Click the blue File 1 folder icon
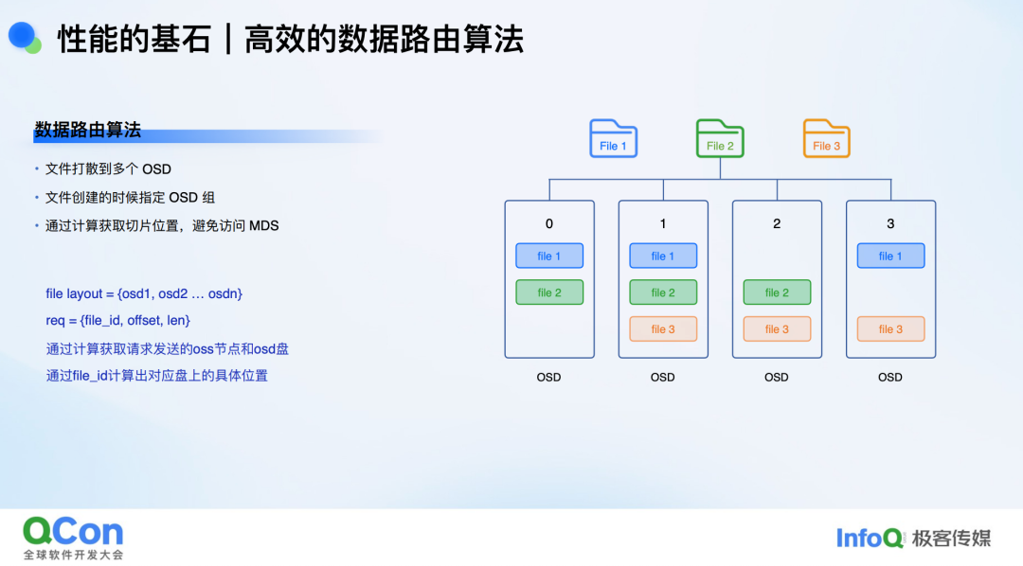[613, 138]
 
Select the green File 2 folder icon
[720, 138]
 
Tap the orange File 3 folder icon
[826, 138]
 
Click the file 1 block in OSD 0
[549, 256]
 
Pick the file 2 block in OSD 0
[549, 292]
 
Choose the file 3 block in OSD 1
[663, 328]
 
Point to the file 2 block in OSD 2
[777, 292]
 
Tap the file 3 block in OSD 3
[890, 328]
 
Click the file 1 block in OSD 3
[890, 256]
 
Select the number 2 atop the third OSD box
[777, 223]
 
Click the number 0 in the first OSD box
[549, 223]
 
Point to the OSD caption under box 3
[889, 377]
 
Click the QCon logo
[73, 538]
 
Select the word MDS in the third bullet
[263, 225]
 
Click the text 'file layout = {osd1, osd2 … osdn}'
[144, 293]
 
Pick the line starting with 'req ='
[118, 320]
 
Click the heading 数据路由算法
[87, 130]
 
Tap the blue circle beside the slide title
[22, 35]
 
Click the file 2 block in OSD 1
[663, 292]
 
